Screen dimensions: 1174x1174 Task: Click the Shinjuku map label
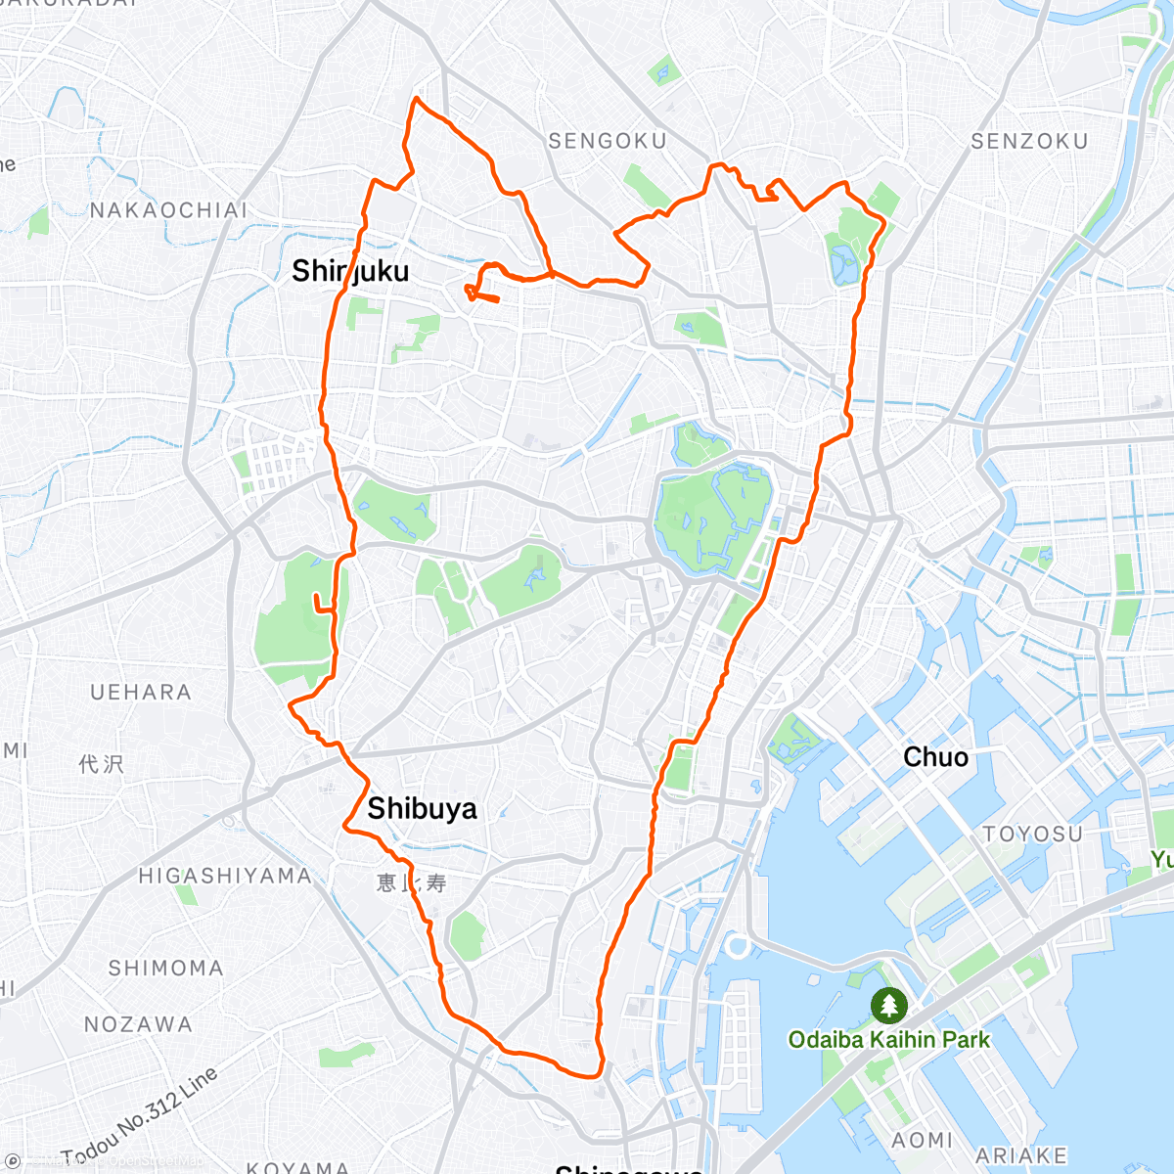[350, 271]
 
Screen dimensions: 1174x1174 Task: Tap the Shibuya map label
[422, 809]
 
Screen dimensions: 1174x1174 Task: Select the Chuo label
[935, 757]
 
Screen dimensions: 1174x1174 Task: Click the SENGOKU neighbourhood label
[607, 142]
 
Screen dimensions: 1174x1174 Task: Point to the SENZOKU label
[1029, 142]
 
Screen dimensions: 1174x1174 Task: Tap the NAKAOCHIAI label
[168, 210]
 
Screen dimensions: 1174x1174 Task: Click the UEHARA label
[141, 693]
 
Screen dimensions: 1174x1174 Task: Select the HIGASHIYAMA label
[224, 876]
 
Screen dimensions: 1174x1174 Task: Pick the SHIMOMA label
[165, 969]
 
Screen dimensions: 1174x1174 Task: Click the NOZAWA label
[138, 1025]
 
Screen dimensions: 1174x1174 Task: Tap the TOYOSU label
[1033, 835]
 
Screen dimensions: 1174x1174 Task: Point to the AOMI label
[922, 1140]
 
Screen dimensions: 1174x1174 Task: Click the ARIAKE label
[1021, 1155]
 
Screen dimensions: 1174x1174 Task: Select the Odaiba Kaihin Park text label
[889, 1040]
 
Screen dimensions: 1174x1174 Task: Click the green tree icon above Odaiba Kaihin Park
[888, 1006]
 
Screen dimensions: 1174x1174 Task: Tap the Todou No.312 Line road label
[141, 1115]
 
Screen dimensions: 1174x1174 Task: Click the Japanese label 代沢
[102, 763]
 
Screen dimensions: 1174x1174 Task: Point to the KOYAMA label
[297, 1167]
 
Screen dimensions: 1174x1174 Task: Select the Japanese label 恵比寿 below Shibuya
[412, 882]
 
